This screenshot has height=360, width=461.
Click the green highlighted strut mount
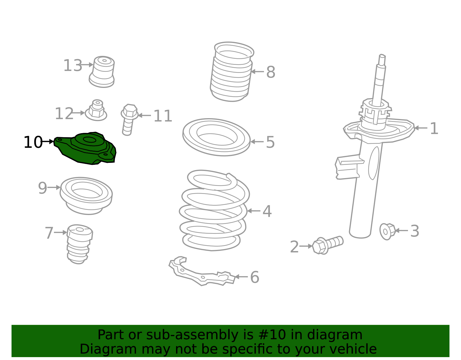[x=85, y=148]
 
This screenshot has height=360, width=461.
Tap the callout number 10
[x=33, y=142]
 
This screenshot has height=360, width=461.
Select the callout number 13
[x=73, y=65]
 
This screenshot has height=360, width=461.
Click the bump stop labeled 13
[x=102, y=72]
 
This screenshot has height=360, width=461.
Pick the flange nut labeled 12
[x=96, y=110]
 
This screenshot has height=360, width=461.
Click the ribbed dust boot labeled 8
[x=232, y=72]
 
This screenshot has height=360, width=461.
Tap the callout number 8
[x=271, y=72]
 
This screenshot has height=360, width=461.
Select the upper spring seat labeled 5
[x=216, y=137]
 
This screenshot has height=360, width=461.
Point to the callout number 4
[x=267, y=211]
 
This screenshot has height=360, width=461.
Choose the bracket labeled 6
[x=202, y=271]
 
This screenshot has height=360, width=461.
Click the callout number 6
[x=255, y=277]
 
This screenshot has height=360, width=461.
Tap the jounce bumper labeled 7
[x=80, y=244]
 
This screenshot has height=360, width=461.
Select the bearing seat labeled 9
[x=86, y=196]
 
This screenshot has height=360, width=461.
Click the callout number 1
[x=434, y=128]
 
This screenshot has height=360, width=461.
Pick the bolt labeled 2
[x=328, y=245]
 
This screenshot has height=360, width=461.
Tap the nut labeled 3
[x=388, y=231]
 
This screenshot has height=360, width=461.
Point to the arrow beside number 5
[x=257, y=142]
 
